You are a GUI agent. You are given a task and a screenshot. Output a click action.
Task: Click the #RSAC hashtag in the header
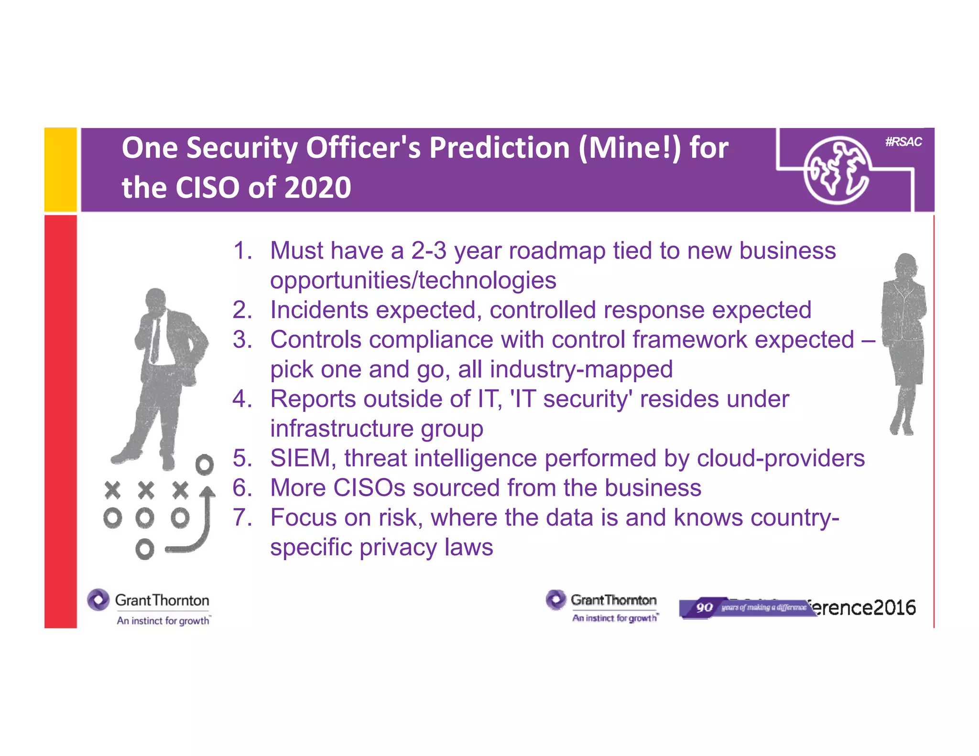[x=903, y=141]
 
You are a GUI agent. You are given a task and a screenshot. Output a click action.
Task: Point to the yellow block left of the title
[x=60, y=170]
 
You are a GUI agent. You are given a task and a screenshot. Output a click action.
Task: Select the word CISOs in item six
[x=369, y=488]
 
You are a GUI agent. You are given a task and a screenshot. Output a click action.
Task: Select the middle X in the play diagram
[x=146, y=490]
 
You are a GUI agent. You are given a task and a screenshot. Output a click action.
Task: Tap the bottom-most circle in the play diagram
[x=144, y=550]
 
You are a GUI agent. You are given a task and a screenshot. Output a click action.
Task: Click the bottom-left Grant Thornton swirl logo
[x=98, y=600]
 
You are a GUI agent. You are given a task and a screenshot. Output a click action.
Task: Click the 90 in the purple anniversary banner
[x=704, y=607]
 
